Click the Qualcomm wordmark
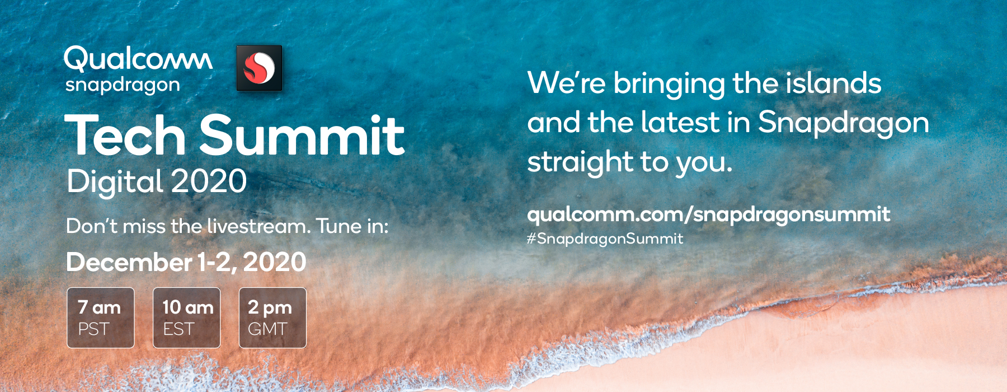click(138, 59)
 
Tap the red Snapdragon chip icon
click(259, 68)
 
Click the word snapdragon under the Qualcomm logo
click(123, 86)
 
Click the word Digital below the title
click(115, 181)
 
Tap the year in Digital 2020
click(209, 181)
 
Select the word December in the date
click(129, 262)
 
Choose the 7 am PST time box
click(101, 318)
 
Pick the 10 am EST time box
click(187, 318)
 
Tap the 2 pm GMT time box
click(272, 318)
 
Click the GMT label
click(267, 329)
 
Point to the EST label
click(178, 329)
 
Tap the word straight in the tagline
click(580, 162)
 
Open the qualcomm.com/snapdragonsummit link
click(709, 214)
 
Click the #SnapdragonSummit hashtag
click(605, 239)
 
